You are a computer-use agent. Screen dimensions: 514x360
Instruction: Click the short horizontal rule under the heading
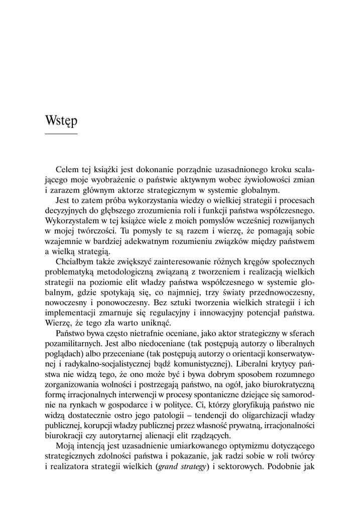61,135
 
